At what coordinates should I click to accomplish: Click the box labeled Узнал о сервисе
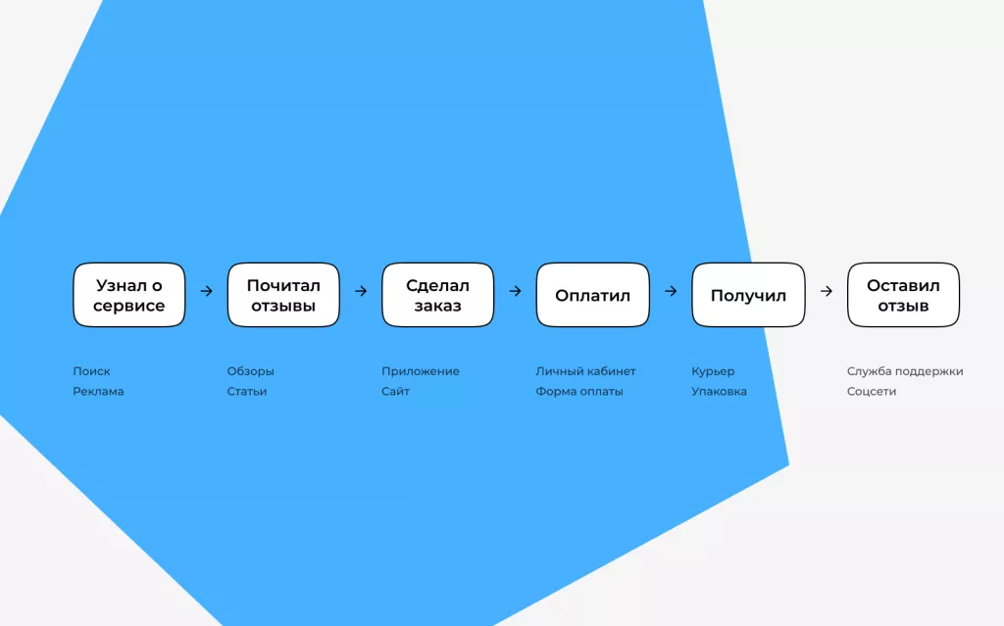coord(129,295)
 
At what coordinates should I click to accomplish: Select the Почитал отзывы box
coord(283,295)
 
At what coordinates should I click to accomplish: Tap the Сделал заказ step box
coord(438,295)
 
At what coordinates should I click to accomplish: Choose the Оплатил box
coord(593,295)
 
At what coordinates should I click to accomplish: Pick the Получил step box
coord(748,295)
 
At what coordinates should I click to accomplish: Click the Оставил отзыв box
coord(903,295)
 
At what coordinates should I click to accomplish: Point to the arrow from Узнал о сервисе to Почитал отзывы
coord(206,291)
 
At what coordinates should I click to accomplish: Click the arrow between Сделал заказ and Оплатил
coord(516,291)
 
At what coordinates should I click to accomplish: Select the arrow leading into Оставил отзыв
coord(827,291)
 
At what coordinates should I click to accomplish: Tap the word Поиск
coord(91,371)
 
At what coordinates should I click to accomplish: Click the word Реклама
coord(99,391)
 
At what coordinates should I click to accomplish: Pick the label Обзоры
coord(250,371)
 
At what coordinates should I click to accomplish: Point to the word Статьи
coord(247,391)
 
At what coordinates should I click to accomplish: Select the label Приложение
coord(421,371)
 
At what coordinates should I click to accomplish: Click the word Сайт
coord(396,391)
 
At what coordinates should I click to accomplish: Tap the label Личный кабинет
coord(586,371)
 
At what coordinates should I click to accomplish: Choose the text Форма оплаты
coord(579,391)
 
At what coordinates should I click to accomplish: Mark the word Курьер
coord(714,371)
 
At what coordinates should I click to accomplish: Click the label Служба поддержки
coord(905,371)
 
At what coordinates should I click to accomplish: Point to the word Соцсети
coord(872,391)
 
